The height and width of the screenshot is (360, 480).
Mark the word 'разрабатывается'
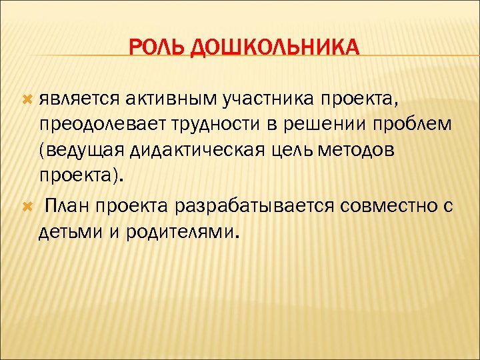pos(255,207)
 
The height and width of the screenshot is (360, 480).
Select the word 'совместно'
pos(389,207)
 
